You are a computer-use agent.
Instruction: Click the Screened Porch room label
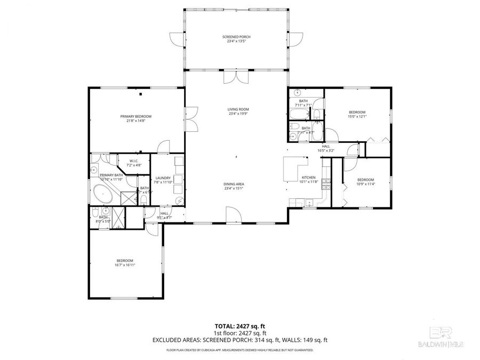click(236, 36)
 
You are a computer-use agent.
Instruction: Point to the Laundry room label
click(163, 178)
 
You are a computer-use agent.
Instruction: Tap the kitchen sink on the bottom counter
click(308, 202)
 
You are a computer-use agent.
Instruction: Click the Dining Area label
click(234, 184)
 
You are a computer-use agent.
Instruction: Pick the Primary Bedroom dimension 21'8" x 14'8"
click(135, 121)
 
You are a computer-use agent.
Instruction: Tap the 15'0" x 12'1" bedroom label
click(357, 116)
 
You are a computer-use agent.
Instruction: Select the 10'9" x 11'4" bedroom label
click(365, 184)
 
